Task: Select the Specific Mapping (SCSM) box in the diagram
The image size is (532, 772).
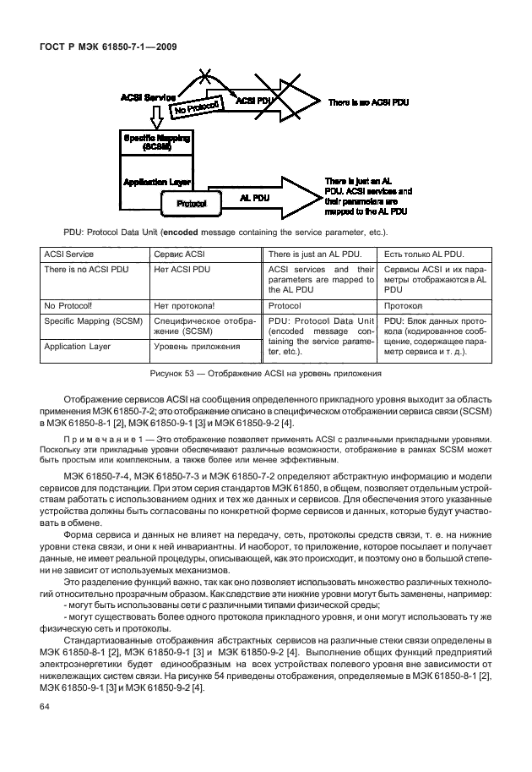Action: point(157,141)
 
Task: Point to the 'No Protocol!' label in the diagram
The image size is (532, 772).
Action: point(197,107)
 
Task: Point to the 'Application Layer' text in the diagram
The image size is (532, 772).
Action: point(157,181)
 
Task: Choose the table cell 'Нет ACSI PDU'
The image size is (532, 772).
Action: point(180,270)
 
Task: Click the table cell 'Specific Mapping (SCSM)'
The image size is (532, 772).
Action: point(93,321)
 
